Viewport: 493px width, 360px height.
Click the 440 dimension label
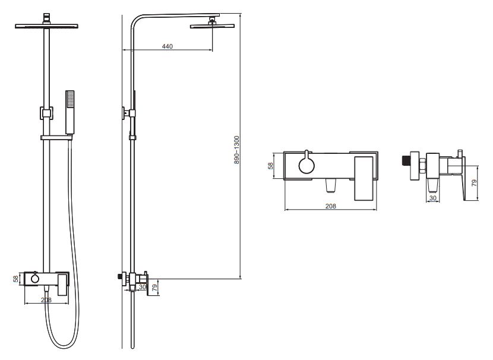point(168,46)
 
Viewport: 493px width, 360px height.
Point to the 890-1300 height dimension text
point(237,150)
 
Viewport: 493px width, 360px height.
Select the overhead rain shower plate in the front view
point(46,26)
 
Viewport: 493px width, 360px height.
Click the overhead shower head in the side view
point(212,26)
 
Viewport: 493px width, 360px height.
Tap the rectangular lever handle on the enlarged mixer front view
point(364,178)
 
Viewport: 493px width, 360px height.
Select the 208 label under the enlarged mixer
point(330,206)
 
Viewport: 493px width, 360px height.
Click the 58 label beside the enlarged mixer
point(271,166)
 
